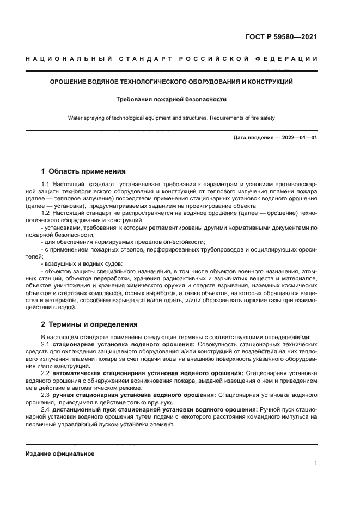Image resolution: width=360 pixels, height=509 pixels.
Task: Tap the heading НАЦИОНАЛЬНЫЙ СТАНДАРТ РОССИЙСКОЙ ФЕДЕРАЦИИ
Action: coord(172,59)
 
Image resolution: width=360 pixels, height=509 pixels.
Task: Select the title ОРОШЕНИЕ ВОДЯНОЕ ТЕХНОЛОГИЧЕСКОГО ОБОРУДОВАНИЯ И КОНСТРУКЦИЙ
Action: coord(172,82)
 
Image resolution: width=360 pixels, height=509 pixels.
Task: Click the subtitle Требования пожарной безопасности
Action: coord(172,100)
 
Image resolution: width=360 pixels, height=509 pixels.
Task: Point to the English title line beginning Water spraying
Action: coord(172,118)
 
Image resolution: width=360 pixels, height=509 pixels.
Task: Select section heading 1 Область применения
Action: coord(83,171)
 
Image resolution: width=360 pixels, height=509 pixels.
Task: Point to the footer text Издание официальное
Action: coord(60,453)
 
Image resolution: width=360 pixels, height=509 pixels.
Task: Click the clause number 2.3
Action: coord(46,394)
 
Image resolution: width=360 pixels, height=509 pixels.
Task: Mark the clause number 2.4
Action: coord(46,408)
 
